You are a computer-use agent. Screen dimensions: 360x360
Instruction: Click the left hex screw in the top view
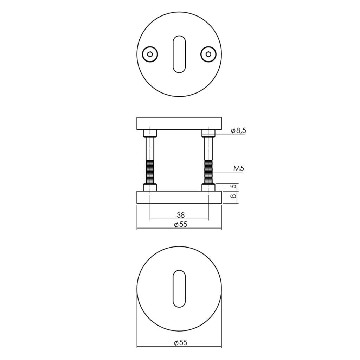(x=150, y=54)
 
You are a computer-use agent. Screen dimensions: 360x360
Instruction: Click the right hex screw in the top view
(x=208, y=54)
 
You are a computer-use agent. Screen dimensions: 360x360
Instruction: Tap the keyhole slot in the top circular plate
(x=179, y=54)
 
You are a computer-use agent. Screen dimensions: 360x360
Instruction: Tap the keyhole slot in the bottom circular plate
(x=179, y=289)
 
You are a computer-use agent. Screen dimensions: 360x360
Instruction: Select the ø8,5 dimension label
(x=239, y=131)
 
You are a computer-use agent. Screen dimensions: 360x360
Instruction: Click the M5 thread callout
(x=239, y=169)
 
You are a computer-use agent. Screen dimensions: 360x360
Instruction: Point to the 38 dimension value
(x=181, y=215)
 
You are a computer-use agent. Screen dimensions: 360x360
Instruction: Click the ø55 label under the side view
(x=180, y=224)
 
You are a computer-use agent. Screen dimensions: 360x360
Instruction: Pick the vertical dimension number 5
(x=233, y=186)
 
